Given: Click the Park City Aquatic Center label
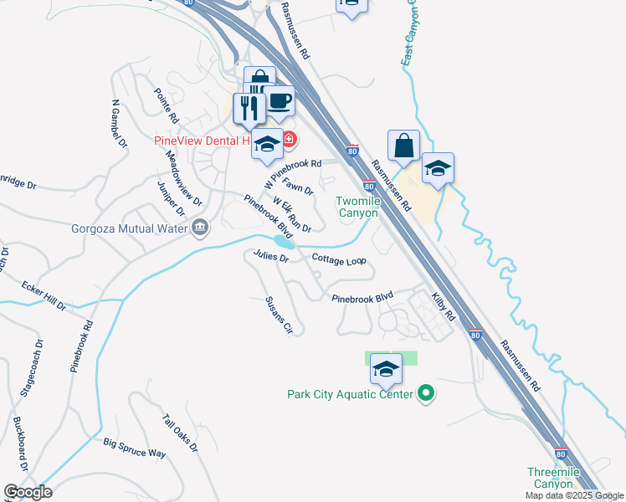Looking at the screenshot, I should click(x=350, y=394).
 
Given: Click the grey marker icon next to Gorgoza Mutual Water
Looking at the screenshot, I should click(x=200, y=228).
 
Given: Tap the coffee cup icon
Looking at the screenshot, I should click(x=280, y=102).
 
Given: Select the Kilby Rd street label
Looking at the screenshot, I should click(x=443, y=307).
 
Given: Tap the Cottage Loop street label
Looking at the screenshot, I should click(x=339, y=261).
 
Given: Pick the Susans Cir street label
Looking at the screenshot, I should click(x=279, y=315).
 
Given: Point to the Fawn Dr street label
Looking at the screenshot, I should click(x=298, y=185).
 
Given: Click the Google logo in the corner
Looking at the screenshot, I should click(x=28, y=491).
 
